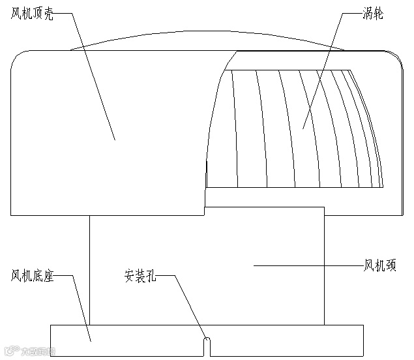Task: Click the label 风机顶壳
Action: [x=32, y=14]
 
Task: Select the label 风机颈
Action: [x=380, y=265]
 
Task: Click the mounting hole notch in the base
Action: [x=207, y=346]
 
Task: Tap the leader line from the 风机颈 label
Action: [x=306, y=265]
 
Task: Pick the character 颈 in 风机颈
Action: [x=391, y=265]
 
